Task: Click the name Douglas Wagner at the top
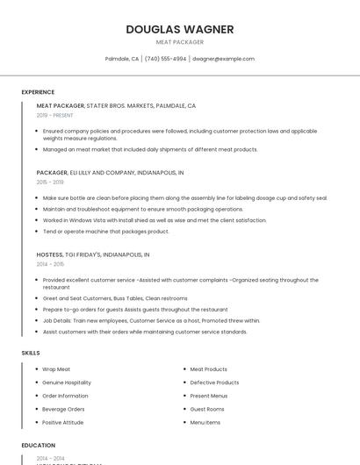point(179,29)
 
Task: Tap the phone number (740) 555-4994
point(165,59)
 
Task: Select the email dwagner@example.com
point(223,59)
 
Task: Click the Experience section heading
point(38,92)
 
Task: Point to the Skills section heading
point(31,353)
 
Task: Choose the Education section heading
point(39,446)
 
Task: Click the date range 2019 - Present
point(55,115)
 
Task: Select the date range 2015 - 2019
point(50,182)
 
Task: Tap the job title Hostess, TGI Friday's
point(93,254)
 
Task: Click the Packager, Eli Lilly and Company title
point(110,173)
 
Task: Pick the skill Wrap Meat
point(56,369)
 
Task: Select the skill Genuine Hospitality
point(67,383)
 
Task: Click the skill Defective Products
point(214,383)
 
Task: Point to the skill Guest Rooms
point(207,409)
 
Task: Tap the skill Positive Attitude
point(63,422)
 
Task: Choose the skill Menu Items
point(205,422)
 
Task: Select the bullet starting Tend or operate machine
point(106,232)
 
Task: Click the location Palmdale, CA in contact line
point(122,59)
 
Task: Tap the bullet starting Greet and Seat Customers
point(114,298)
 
